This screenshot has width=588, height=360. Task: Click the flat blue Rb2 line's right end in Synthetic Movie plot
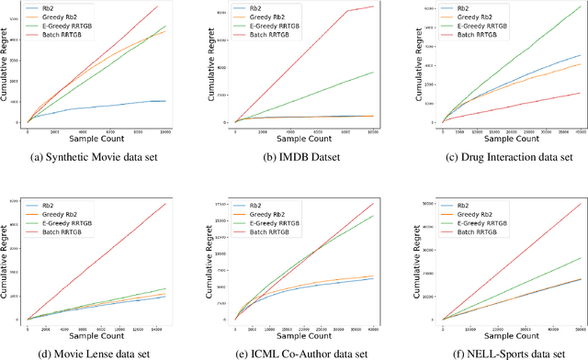coord(166,101)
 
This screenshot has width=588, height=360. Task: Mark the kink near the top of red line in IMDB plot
coord(345,12)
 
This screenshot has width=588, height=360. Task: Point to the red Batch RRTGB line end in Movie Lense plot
coord(166,203)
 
